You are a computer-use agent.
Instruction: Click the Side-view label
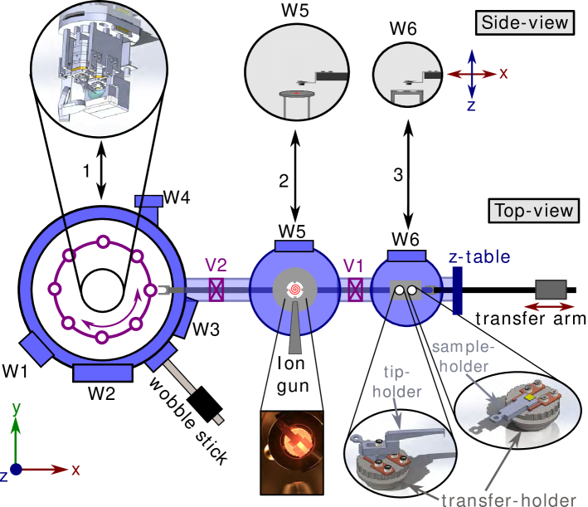525,22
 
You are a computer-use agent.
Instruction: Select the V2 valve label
216,266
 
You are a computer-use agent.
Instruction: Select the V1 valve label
355,266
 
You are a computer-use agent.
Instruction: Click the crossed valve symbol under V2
217,290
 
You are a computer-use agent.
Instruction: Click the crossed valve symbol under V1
355,290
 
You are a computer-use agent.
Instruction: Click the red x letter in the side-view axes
503,73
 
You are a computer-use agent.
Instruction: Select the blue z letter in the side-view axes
470,106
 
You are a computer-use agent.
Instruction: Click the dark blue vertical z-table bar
458,289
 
